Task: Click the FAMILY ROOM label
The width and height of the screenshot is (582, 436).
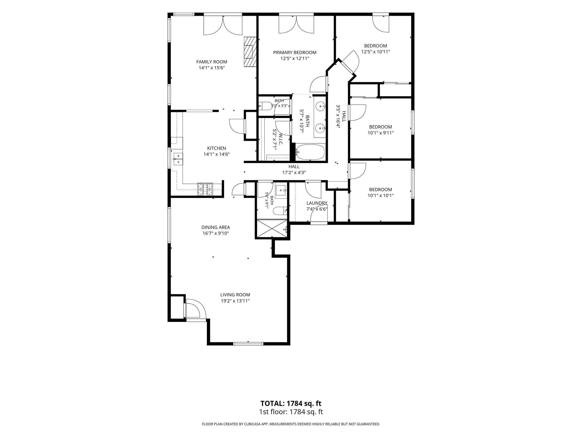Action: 211,62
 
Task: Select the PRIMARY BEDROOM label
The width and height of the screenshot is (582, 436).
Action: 295,53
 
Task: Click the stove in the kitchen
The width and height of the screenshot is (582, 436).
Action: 205,189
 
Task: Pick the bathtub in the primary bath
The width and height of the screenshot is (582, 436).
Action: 310,152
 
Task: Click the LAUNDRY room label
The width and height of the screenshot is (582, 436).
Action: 317,203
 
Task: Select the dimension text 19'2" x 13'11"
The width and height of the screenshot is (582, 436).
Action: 235,301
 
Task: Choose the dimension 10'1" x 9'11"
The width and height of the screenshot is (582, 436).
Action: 381,133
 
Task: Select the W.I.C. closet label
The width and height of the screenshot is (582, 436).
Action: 281,139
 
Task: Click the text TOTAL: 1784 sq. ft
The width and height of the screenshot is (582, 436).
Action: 291,403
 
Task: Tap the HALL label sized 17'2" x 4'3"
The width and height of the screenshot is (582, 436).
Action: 294,167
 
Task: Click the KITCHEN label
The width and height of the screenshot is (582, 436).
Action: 217,148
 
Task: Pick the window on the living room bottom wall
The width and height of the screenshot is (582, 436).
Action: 248,343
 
